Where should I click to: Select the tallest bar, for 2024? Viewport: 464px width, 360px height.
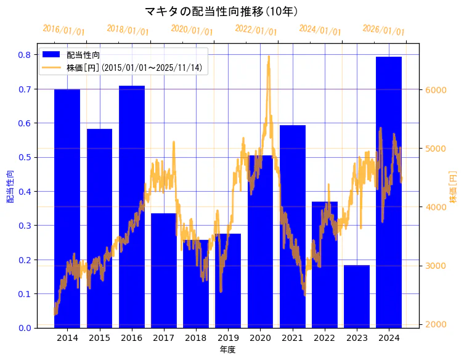[389, 192]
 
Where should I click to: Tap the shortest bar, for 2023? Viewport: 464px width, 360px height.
[357, 296]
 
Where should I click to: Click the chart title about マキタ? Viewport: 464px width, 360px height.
[222, 11]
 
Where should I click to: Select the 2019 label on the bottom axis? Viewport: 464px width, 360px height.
[228, 338]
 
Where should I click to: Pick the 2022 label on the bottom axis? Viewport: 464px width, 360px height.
[324, 338]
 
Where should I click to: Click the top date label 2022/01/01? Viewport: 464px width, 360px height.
[256, 30]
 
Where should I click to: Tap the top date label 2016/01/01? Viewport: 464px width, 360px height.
[63, 30]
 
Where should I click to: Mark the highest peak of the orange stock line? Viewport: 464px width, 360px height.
[269, 57]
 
